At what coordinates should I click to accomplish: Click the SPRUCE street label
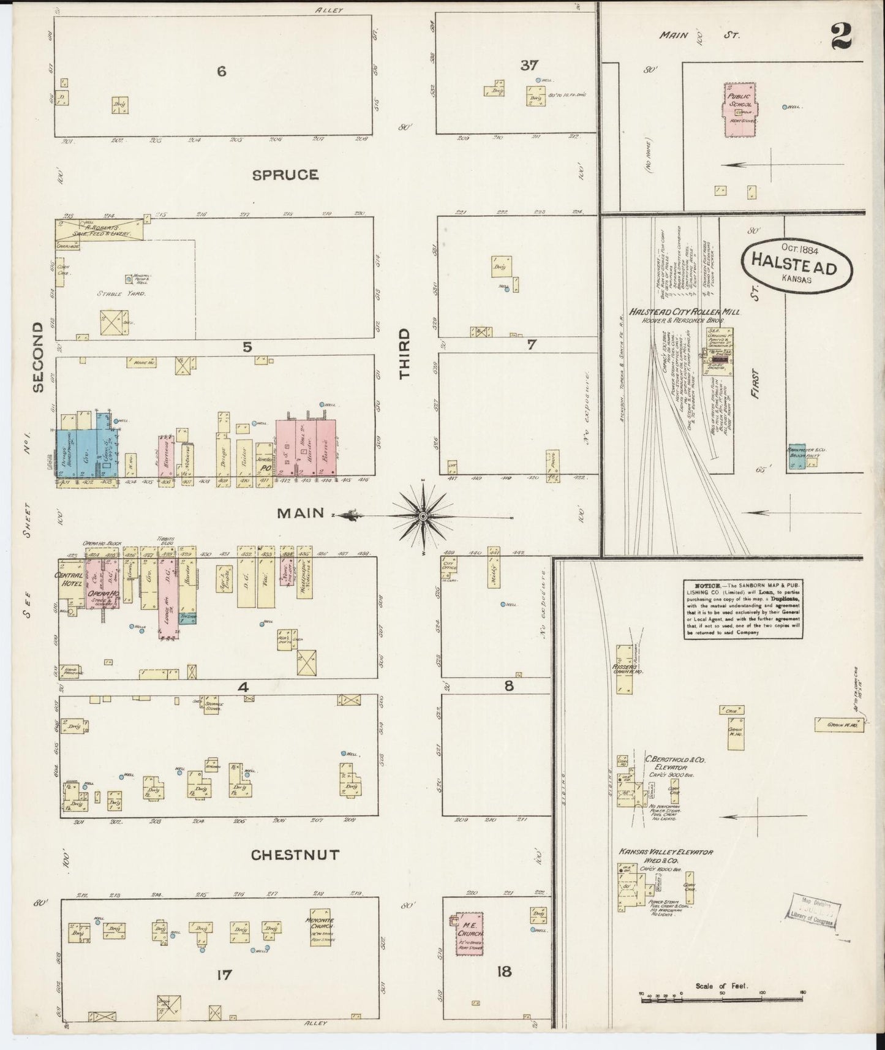click(x=285, y=175)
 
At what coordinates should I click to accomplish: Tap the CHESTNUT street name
click(x=295, y=855)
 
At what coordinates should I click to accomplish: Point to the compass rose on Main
click(x=423, y=516)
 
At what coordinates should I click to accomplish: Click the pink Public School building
click(x=740, y=110)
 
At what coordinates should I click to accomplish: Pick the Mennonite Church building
click(x=321, y=927)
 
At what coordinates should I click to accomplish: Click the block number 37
click(x=529, y=66)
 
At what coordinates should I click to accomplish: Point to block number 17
click(x=224, y=974)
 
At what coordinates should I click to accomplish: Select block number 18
click(x=504, y=971)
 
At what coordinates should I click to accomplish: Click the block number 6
click(x=221, y=72)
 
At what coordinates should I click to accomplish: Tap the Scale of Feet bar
click(x=723, y=1000)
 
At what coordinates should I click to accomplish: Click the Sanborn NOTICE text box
click(x=743, y=609)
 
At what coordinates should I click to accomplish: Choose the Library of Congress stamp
click(x=813, y=908)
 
